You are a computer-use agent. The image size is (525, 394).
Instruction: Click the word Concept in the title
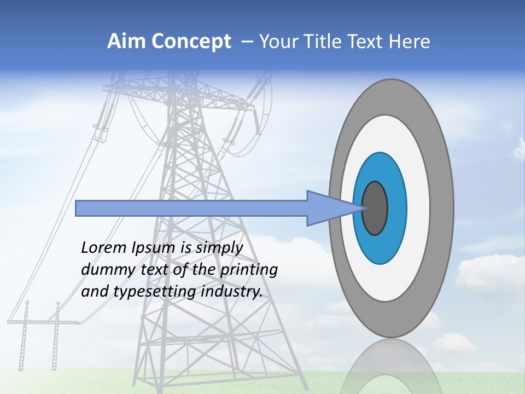tap(191, 42)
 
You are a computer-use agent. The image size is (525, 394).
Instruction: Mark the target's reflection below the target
tap(391, 367)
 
